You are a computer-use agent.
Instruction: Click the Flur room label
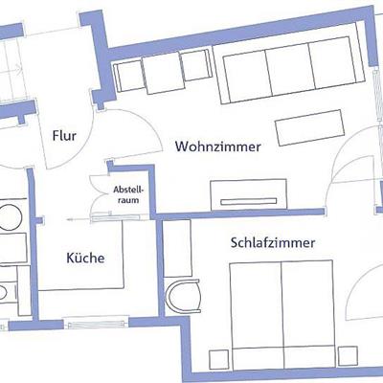coord(64,136)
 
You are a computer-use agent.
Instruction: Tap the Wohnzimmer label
coord(218,146)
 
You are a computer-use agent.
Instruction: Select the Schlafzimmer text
coord(273,243)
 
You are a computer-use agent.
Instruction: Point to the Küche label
coord(85,258)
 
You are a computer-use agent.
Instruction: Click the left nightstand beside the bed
coord(218,360)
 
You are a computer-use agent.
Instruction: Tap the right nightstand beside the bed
coord(349,355)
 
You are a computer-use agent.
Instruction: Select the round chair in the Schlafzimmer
coord(184,296)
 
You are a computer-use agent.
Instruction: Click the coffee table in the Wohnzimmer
coord(310,127)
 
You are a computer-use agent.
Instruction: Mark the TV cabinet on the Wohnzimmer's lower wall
coord(249,194)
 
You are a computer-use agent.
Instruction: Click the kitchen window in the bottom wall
coord(96,325)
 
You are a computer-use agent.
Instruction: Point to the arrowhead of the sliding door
coord(69,219)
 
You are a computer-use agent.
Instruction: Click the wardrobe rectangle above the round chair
coord(177,248)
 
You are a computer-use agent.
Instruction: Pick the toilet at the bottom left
coord(3,293)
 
